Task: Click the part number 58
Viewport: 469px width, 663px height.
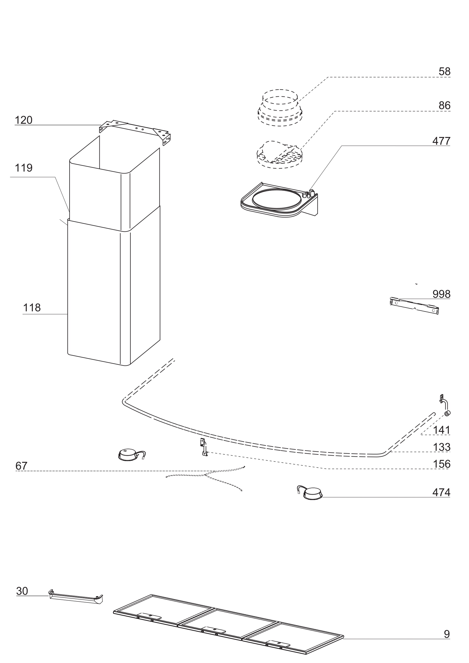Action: click(x=444, y=71)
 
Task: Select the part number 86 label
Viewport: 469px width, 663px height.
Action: click(x=444, y=106)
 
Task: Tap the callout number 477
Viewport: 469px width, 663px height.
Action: click(x=441, y=141)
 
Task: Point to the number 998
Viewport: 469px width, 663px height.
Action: click(x=441, y=294)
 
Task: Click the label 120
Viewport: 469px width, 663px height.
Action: click(x=23, y=120)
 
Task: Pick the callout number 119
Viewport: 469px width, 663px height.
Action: click(x=23, y=168)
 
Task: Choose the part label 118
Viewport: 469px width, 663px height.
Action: click(x=32, y=308)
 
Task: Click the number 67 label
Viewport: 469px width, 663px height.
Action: click(x=21, y=466)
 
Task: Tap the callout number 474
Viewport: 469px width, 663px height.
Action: click(x=441, y=492)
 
